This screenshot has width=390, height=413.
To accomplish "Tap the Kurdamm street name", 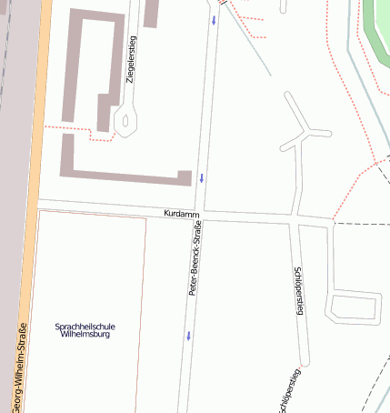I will pos(181,213).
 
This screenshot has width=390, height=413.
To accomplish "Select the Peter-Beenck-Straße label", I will pos(194,259).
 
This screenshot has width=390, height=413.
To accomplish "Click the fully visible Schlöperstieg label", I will pos(298,291).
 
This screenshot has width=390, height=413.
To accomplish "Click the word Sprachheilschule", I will pos(85,326).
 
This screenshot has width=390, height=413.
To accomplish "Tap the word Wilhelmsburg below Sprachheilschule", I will pos(85,334).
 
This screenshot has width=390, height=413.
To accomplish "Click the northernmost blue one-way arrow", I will pos(214,18).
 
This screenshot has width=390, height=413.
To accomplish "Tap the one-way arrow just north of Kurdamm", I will pos(202,177).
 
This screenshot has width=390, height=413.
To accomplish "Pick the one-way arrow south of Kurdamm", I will pos(189,335).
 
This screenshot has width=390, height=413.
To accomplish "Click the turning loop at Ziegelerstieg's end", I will pos(125,118).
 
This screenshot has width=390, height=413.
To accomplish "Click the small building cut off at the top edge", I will pos(151,11).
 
